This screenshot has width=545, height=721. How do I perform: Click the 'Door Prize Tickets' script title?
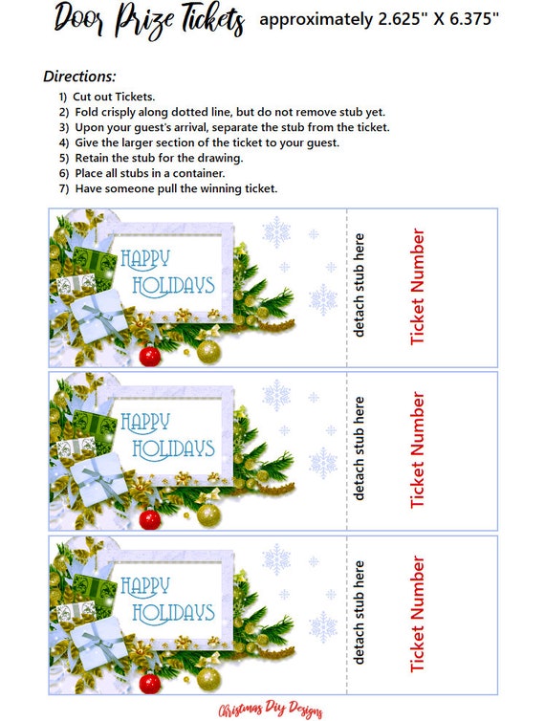[x=149, y=19]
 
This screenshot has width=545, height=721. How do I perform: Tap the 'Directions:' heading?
[x=79, y=76]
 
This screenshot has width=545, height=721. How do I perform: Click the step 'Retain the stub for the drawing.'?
[x=159, y=158]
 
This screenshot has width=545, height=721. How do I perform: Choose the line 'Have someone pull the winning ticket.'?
[x=176, y=188]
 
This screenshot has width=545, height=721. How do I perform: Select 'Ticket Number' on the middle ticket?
[x=418, y=450]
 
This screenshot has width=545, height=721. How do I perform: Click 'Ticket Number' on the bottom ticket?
[x=418, y=614]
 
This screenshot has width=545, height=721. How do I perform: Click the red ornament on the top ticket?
[x=149, y=357]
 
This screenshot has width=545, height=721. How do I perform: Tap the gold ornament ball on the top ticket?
[x=208, y=351]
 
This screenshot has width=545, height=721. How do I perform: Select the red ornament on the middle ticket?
[x=149, y=519]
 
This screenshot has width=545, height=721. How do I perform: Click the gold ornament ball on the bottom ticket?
[x=208, y=678]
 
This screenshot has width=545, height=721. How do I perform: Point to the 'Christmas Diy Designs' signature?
[x=272, y=710]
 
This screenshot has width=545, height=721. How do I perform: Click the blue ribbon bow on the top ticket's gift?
[x=94, y=311]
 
